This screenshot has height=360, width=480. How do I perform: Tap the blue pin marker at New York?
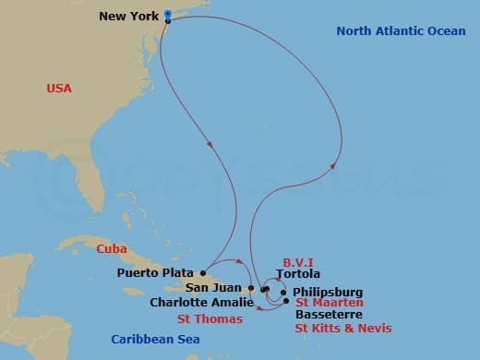pyautogui.click(x=167, y=14)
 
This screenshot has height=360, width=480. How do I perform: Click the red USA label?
pyautogui.click(x=59, y=89)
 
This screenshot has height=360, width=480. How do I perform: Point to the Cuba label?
pyautogui.click(x=111, y=249)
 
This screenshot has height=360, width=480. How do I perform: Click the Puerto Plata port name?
pyautogui.click(x=156, y=273)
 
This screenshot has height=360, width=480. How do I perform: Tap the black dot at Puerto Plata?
pyautogui.click(x=202, y=272)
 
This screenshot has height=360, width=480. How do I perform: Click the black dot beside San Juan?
pyautogui.click(x=250, y=288)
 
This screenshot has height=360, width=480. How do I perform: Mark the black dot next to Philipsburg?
pyautogui.click(x=283, y=293)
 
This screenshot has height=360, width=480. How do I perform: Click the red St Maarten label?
pyautogui.click(x=329, y=303)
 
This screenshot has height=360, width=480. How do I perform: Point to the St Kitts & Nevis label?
pyautogui.click(x=343, y=328)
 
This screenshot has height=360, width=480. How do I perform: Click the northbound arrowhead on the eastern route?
pyautogui.click(x=331, y=166)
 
